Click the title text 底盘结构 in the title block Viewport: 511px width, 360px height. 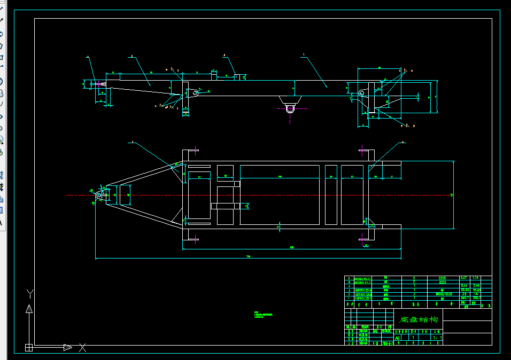pos(419,319)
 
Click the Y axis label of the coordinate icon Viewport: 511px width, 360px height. pos(30,293)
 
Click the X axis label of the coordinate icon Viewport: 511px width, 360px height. pos(82,348)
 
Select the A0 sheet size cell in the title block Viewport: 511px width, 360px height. pos(398,338)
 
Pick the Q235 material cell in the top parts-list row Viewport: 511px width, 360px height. pos(442,278)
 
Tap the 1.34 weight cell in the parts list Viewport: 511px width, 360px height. pos(475,278)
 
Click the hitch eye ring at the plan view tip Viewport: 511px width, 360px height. pos(98,196)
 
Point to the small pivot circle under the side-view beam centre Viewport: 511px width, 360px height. pos(290,109)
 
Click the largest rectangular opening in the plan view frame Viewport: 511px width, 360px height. pos(280,194)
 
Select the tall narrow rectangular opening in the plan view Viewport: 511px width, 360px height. pos(331,194)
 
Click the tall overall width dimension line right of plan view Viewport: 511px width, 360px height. pos(454,194)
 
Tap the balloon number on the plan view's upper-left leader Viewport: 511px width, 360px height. pos(131,143)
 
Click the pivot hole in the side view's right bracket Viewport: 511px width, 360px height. pos(362,94)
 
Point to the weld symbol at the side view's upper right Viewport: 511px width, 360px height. pos(405,71)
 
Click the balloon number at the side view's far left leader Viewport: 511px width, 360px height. pos(87,56)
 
